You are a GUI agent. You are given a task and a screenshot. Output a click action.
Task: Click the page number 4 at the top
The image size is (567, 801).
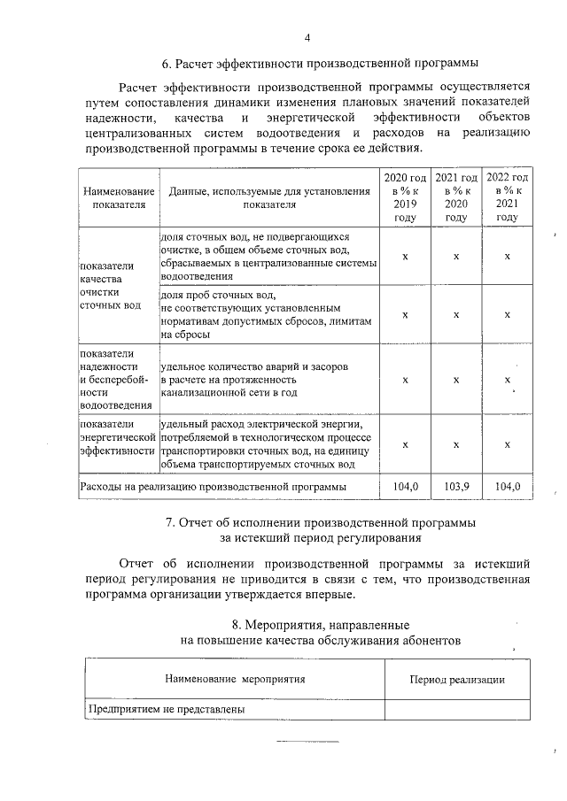tap(307, 37)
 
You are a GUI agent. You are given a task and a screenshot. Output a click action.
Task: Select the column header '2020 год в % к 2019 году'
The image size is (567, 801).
tap(405, 197)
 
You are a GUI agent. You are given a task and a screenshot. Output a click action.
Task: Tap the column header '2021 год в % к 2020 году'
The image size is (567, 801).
tap(456, 197)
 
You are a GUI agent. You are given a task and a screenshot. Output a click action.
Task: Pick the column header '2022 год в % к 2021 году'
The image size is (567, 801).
tap(508, 197)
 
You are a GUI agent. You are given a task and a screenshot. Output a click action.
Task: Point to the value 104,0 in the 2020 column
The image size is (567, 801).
tap(405, 486)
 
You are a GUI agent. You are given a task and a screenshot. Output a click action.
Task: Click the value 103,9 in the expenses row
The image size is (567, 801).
tap(456, 486)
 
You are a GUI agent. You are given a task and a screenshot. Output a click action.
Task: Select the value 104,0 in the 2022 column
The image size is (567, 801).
tap(508, 486)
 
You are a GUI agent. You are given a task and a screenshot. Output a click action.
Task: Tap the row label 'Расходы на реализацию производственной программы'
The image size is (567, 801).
tap(213, 486)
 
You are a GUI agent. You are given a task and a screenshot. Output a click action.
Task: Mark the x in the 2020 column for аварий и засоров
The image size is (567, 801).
tap(405, 380)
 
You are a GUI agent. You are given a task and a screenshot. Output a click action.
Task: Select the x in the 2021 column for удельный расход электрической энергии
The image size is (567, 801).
tap(456, 444)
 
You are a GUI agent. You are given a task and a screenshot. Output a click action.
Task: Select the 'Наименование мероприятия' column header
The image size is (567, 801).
tap(235, 679)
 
